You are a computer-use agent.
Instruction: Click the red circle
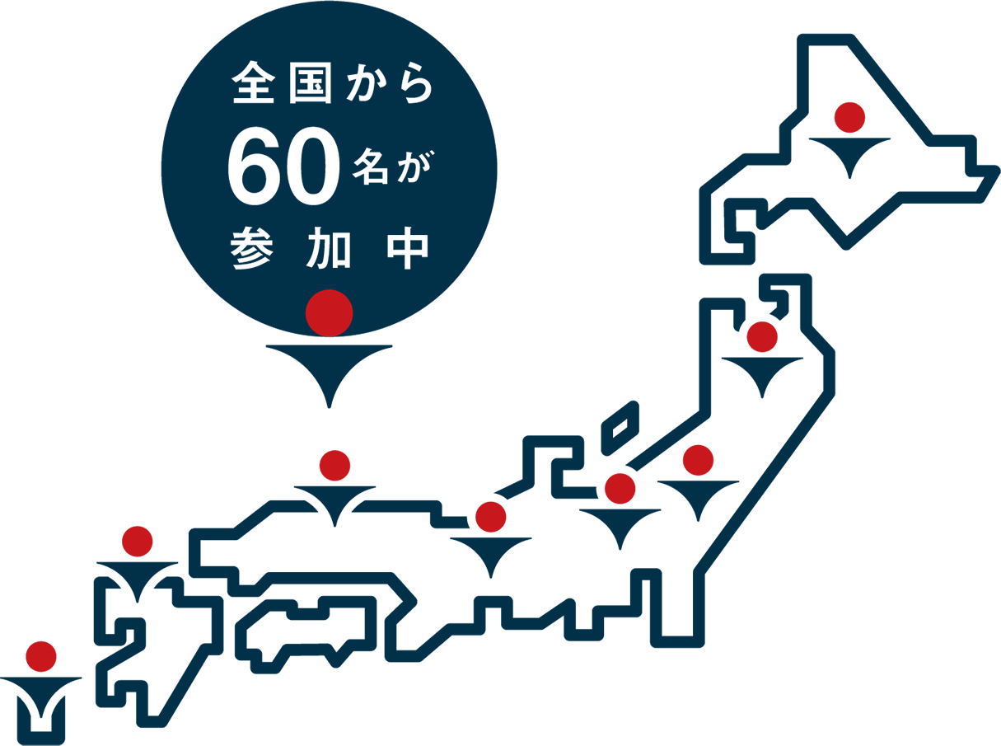330,312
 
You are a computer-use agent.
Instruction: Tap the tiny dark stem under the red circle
330,338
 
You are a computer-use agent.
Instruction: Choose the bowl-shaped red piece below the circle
334,453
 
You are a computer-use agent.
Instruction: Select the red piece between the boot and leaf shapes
623,487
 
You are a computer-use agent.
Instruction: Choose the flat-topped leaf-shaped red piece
706,455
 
